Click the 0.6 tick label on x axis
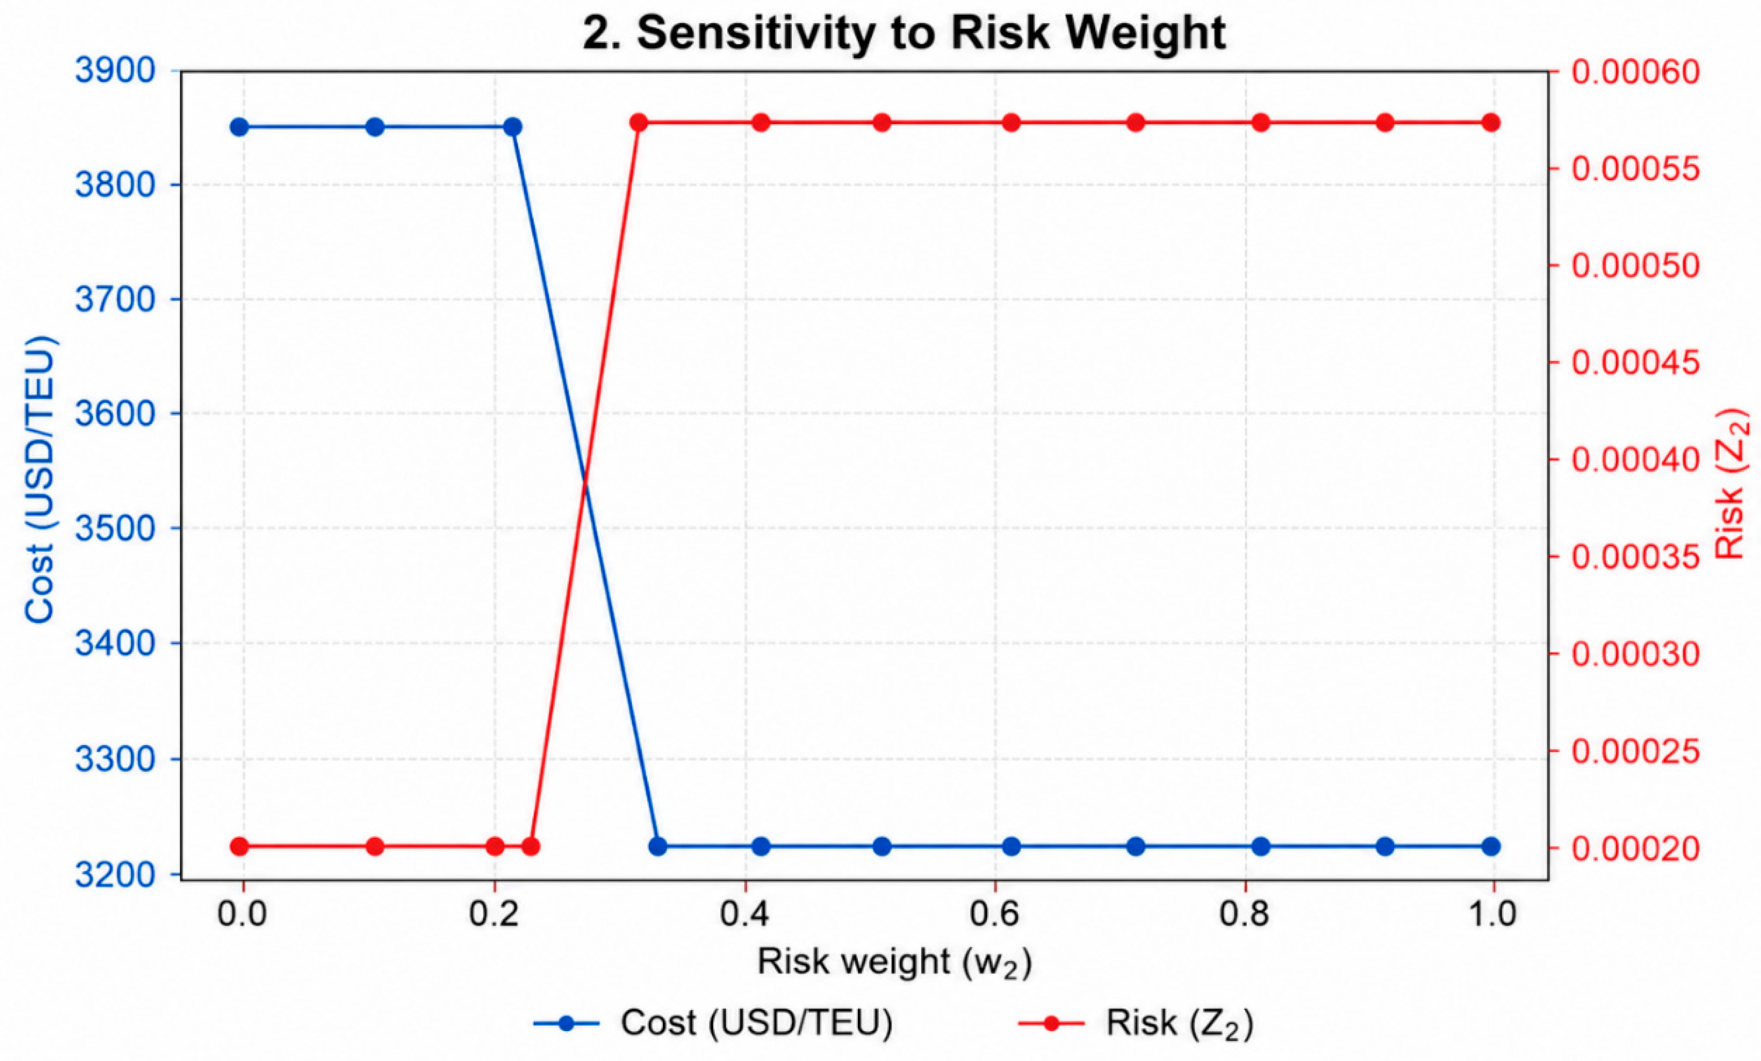click(x=994, y=914)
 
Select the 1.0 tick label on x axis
click(x=1492, y=914)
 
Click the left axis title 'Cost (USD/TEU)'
click(x=40, y=479)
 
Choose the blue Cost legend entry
click(x=713, y=1023)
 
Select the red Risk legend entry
click(x=1136, y=1023)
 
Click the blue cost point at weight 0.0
click(x=239, y=127)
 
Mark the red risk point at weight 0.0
click(x=239, y=846)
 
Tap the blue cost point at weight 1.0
click(x=1491, y=846)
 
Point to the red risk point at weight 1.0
click(x=1491, y=123)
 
